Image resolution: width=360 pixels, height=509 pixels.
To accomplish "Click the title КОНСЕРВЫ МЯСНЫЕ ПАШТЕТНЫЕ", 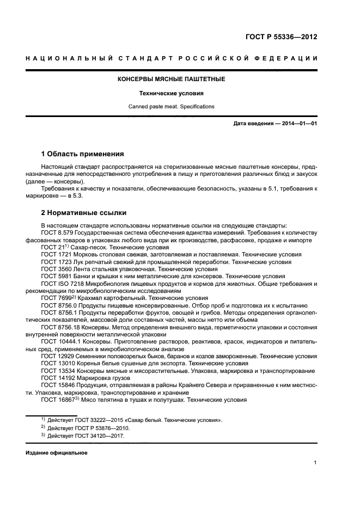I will pyautogui.click(x=172, y=79).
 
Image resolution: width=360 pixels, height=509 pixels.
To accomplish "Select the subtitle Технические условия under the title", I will pyautogui.click(x=172, y=93).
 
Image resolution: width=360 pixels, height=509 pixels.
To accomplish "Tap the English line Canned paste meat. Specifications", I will pyautogui.click(x=172, y=107).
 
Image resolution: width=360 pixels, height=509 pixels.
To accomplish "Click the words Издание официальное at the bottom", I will pyautogui.click(x=56, y=453).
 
